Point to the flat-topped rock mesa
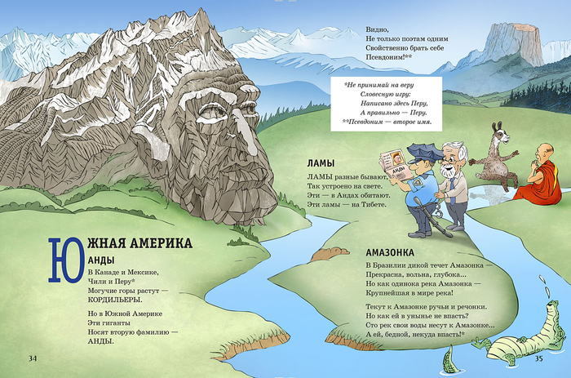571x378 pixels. pyautogui.click(x=514, y=45)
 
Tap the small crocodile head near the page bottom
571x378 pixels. pyautogui.click(x=447, y=358)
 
